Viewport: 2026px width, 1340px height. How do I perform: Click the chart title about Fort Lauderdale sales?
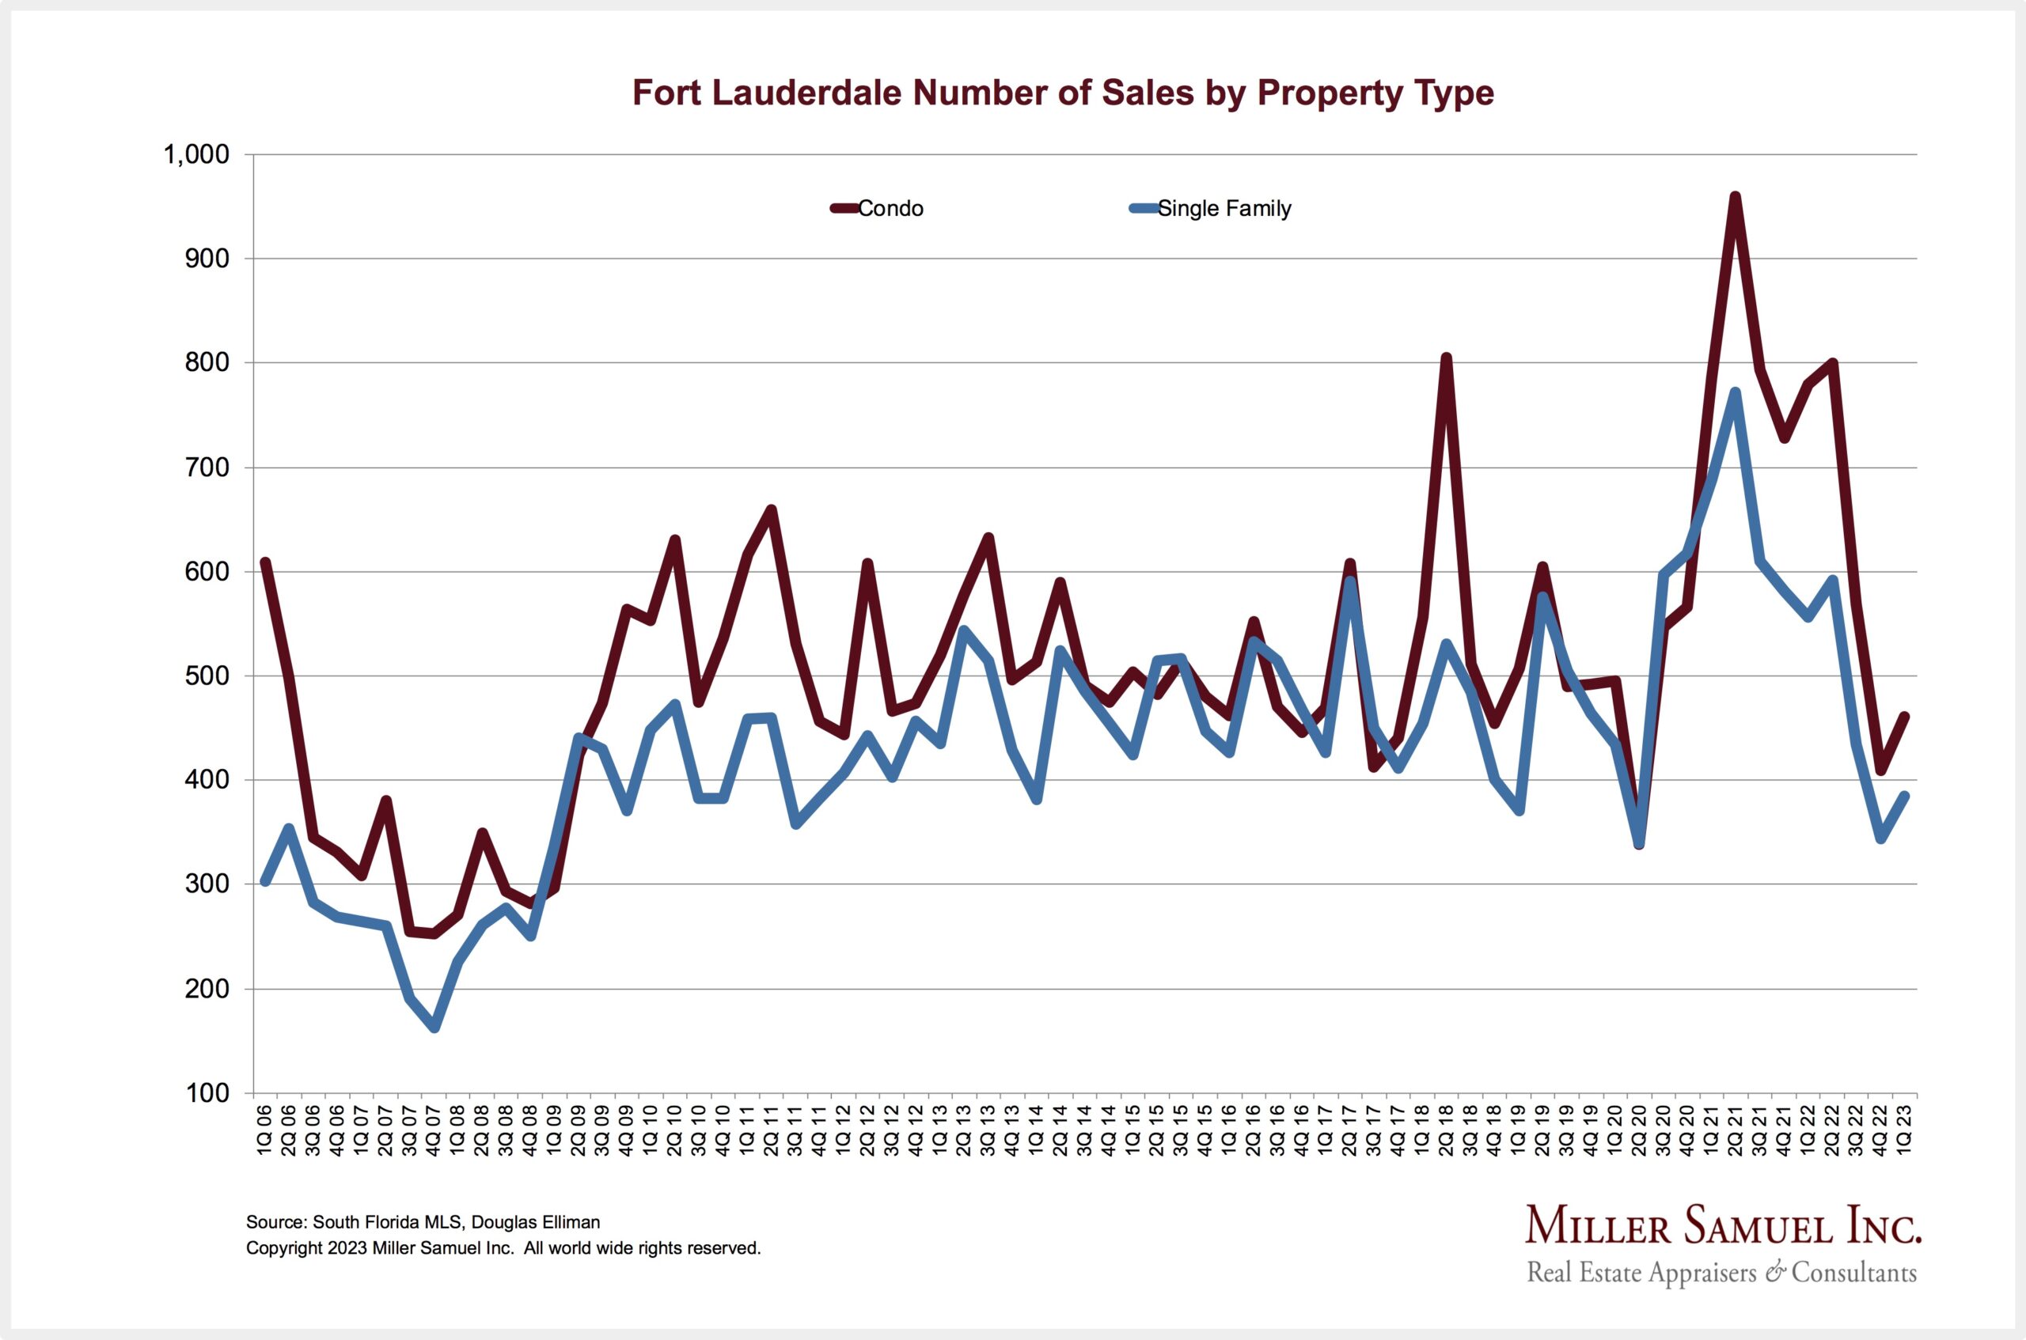[1063, 93]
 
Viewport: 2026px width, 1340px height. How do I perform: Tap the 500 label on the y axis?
[207, 676]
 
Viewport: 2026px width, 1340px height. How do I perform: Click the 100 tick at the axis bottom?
[207, 1093]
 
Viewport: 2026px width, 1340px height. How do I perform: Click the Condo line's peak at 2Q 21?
[1736, 199]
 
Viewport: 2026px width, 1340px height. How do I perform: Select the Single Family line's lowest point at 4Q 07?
[434, 1028]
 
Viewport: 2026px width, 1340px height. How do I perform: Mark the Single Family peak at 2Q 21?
[1736, 393]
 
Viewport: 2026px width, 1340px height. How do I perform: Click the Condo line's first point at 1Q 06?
[265, 562]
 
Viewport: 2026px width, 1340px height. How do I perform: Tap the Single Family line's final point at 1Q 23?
[1905, 796]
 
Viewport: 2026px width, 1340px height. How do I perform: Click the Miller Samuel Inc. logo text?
[1723, 1228]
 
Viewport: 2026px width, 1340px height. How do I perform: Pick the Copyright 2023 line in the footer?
[503, 1248]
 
